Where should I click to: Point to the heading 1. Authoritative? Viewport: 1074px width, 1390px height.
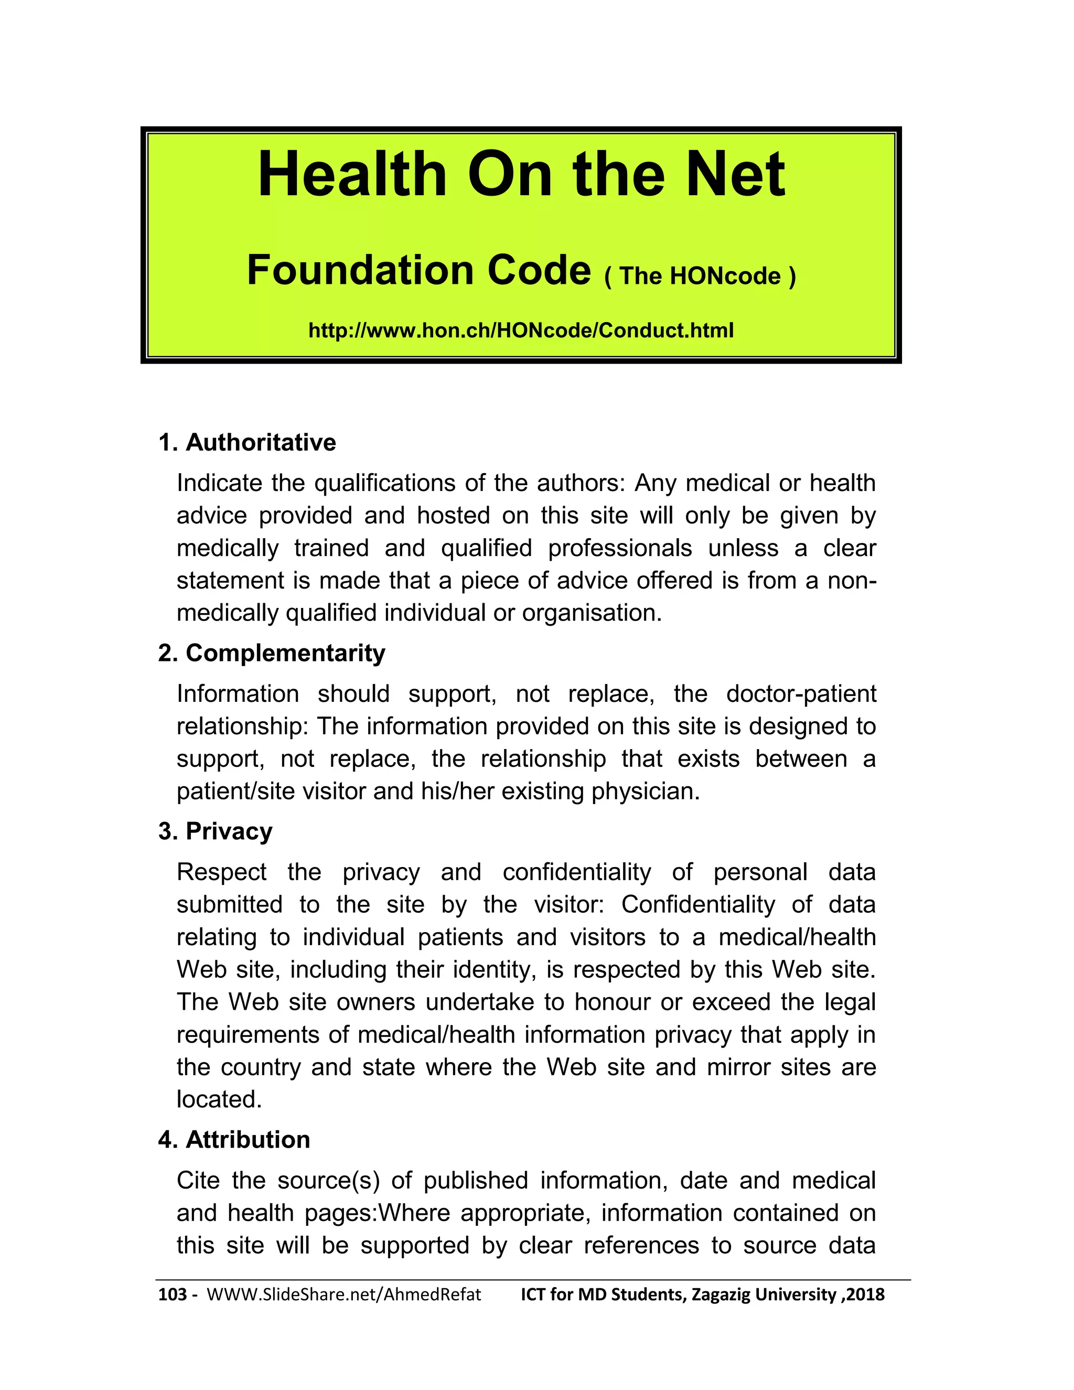[247, 442]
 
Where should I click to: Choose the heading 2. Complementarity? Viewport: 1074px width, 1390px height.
[272, 653]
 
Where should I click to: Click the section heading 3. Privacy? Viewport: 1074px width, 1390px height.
[215, 831]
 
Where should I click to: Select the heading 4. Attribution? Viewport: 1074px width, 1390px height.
[233, 1139]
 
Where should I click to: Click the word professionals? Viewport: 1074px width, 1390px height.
[620, 549]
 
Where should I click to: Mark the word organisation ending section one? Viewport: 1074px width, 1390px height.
[592, 614]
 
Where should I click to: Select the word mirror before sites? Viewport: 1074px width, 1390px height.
[738, 1067]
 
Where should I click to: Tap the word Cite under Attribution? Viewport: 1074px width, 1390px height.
[198, 1181]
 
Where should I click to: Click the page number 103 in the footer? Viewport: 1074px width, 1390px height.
[173, 1295]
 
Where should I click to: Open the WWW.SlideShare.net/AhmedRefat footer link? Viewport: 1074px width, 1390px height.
[343, 1295]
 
